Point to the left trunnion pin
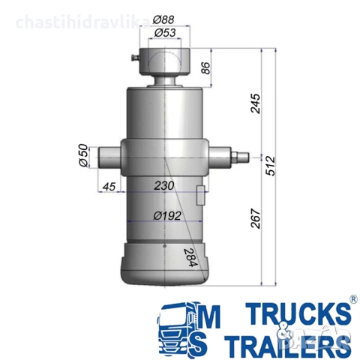pos(106,156)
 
